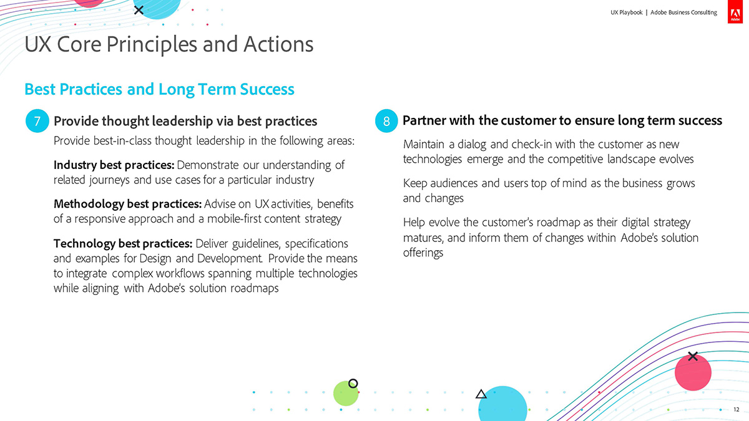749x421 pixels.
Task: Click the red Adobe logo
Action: tap(735, 12)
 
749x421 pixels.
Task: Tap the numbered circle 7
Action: tap(37, 121)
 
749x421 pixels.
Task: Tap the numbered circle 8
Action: tap(386, 121)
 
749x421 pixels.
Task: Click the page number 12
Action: tap(736, 409)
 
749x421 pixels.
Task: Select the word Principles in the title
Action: tap(152, 45)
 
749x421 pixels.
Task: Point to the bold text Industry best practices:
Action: tap(114, 165)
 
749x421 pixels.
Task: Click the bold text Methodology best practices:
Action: tap(127, 204)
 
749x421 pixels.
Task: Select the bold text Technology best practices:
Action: tap(123, 244)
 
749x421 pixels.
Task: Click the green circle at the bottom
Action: tap(345, 394)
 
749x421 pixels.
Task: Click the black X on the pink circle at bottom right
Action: tap(693, 356)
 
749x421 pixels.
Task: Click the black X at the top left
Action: tap(139, 10)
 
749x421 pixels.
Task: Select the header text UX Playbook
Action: tap(626, 12)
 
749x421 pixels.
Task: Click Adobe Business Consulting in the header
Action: tap(683, 12)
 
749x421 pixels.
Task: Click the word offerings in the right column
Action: tap(423, 253)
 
